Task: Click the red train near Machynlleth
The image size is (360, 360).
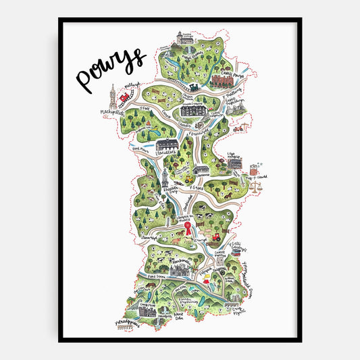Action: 124,99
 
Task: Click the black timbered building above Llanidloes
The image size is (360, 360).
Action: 168,145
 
